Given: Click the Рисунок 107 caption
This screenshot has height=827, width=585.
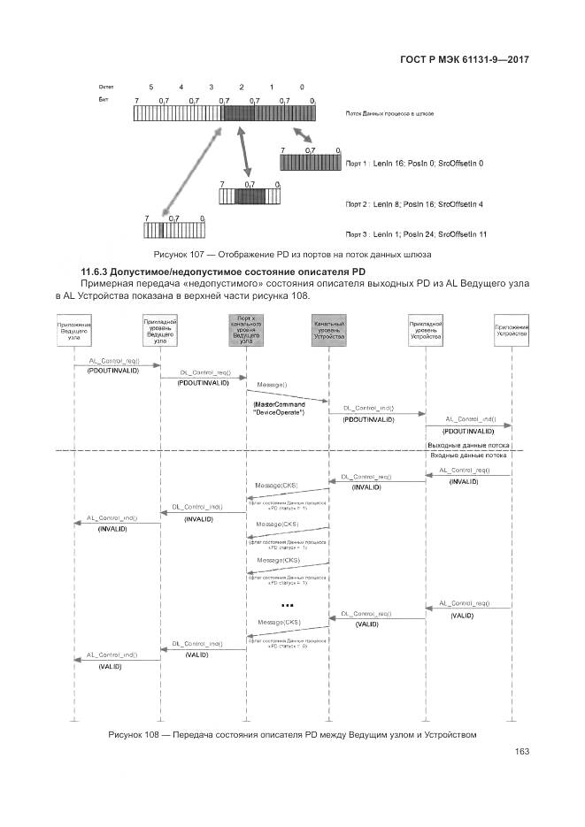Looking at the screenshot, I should (293, 255).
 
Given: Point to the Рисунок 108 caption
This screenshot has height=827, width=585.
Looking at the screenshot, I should (292, 734).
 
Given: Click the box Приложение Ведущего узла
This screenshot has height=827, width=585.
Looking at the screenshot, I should (74, 332).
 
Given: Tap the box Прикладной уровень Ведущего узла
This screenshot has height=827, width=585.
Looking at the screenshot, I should (160, 332).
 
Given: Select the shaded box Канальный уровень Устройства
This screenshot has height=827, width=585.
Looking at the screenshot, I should (328, 332).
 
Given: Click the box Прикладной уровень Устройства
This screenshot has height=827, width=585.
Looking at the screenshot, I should (426, 332).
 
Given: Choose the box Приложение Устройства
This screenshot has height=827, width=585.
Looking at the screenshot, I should (512, 332).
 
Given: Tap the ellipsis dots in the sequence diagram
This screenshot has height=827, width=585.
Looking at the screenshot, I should (286, 606).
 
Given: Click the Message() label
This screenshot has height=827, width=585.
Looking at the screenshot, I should (272, 386).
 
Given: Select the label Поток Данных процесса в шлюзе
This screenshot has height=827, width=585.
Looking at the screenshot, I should (389, 115).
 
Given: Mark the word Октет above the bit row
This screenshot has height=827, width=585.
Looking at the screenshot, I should (105, 88).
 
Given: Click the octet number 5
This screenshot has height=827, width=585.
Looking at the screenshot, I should (151, 88).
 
